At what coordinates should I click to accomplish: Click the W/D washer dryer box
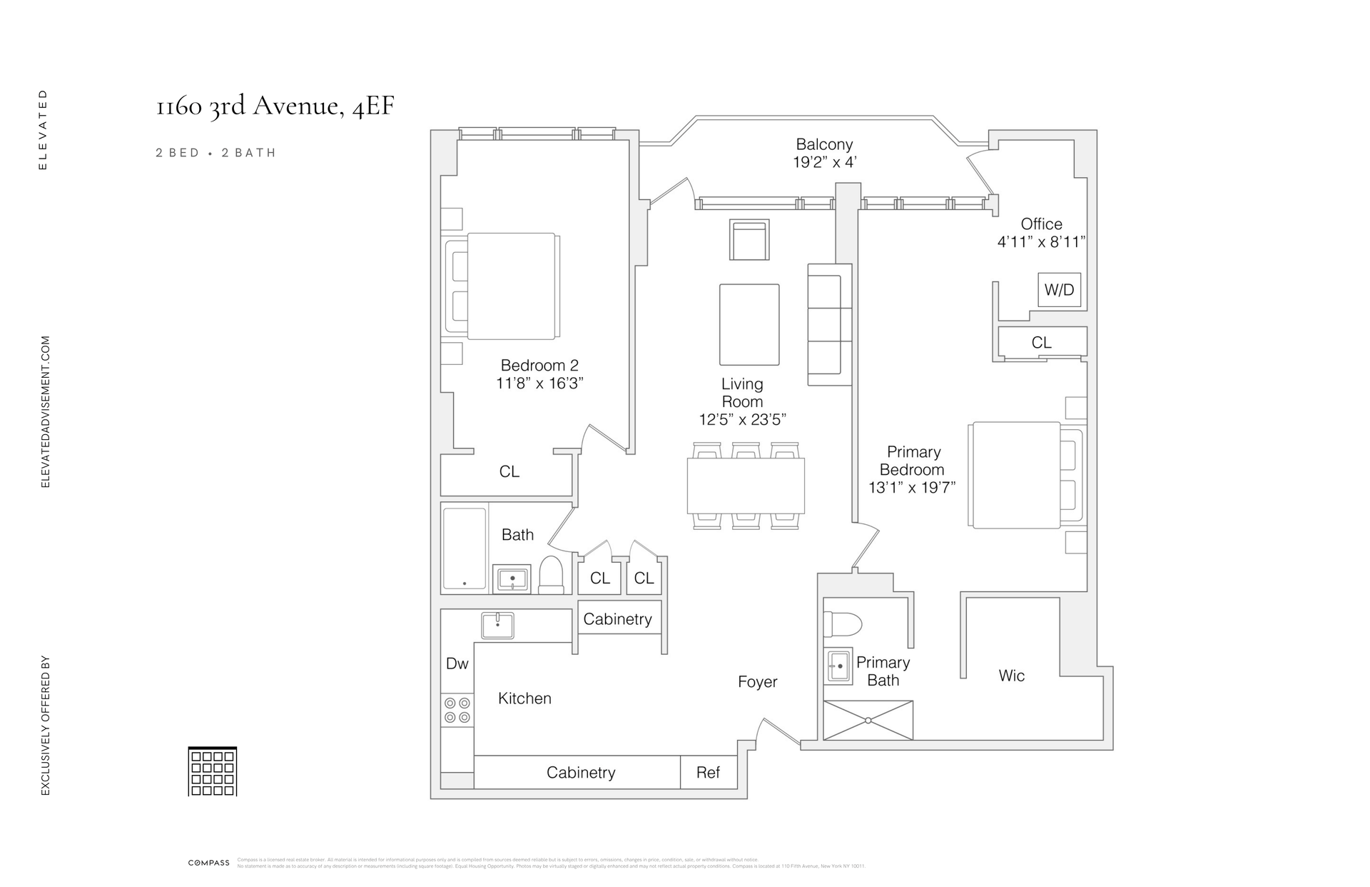click(x=1059, y=290)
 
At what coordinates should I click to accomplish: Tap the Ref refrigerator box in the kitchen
click(x=708, y=772)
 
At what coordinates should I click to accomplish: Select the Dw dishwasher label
click(x=457, y=663)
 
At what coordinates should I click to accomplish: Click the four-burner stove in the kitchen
click(x=457, y=710)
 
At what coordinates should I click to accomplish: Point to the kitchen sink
click(x=497, y=626)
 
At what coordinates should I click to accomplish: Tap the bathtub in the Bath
click(x=465, y=548)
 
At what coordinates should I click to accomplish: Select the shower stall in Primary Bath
click(x=868, y=720)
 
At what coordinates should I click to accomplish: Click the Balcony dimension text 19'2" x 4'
click(x=824, y=162)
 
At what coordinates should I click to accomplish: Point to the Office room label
click(x=1041, y=224)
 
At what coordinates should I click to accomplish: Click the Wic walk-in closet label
click(x=1012, y=676)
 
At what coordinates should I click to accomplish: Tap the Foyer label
click(x=757, y=682)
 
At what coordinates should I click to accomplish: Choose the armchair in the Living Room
click(x=749, y=239)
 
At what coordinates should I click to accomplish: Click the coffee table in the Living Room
click(x=749, y=325)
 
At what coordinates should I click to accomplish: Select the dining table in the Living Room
click(x=746, y=486)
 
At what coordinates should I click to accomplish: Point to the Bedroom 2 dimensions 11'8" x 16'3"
click(x=539, y=384)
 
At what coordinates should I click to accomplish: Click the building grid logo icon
click(x=212, y=771)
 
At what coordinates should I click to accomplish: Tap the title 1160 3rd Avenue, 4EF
click(x=275, y=106)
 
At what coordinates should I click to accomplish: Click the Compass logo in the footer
click(x=208, y=863)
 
